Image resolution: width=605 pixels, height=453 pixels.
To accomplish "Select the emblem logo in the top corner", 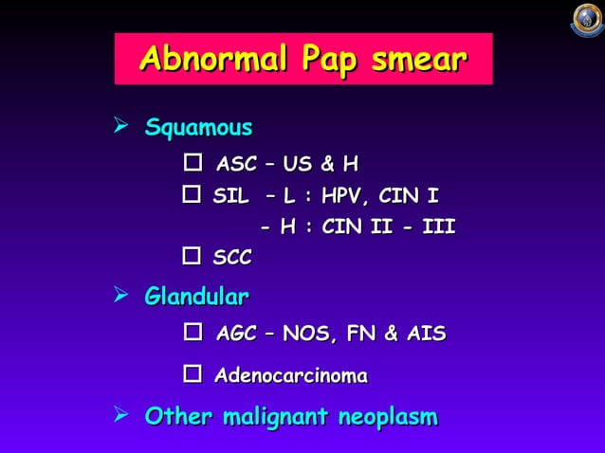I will pyautogui.click(x=587, y=21).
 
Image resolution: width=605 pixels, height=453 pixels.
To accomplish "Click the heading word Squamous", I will pyautogui.click(x=198, y=128).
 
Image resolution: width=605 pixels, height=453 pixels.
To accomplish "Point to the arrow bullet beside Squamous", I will pyautogui.click(x=120, y=127).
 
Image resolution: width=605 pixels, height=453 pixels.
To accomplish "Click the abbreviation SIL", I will pyautogui.click(x=232, y=197).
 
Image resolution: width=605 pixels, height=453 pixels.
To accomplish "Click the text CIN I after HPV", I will pyautogui.click(x=409, y=197).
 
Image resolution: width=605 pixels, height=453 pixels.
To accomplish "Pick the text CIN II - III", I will pyautogui.click(x=389, y=227).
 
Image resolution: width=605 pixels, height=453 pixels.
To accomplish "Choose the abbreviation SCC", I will pyautogui.click(x=232, y=258).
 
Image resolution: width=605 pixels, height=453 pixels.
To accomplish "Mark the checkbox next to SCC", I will pyautogui.click(x=191, y=257).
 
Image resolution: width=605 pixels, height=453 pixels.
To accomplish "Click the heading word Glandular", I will pyautogui.click(x=197, y=299).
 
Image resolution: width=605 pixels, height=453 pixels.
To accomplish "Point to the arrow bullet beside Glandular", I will pyautogui.click(x=120, y=298).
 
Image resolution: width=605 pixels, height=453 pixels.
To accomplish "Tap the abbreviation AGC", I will pyautogui.click(x=237, y=335).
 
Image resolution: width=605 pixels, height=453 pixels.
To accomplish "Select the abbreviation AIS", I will pyautogui.click(x=425, y=335).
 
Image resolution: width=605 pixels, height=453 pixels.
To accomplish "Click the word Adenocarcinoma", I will pyautogui.click(x=291, y=376).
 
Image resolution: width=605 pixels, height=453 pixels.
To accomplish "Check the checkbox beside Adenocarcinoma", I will pyautogui.click(x=192, y=376).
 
